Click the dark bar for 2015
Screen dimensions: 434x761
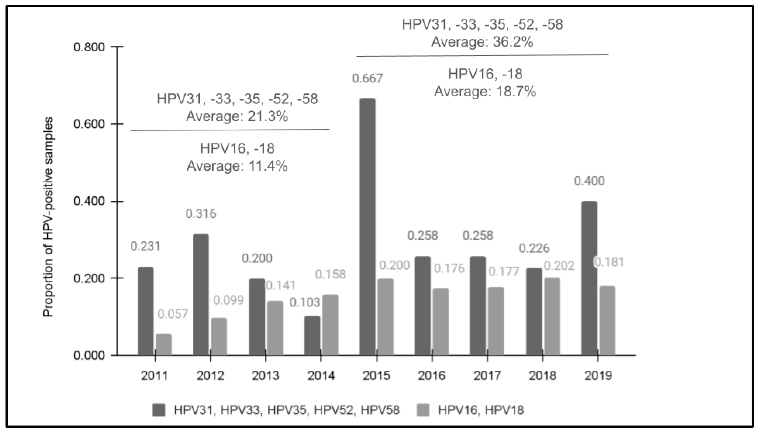click(x=367, y=227)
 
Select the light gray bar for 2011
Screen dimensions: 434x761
click(x=163, y=344)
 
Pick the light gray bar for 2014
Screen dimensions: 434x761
click(x=330, y=325)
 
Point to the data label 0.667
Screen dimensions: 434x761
click(x=367, y=79)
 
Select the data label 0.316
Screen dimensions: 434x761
click(x=201, y=214)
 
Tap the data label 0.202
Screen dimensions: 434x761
click(x=559, y=266)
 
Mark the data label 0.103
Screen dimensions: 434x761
click(x=305, y=303)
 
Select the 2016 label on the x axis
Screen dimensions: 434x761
click(x=432, y=376)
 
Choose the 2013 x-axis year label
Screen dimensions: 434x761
click(x=265, y=376)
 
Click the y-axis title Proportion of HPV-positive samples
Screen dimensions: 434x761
click(x=48, y=217)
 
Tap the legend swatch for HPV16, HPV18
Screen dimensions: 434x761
click(x=422, y=410)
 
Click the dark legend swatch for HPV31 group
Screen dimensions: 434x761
click(x=159, y=410)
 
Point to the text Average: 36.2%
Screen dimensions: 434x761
click(x=482, y=42)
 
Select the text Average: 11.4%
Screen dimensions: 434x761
click(x=237, y=166)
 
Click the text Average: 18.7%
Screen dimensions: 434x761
click(x=485, y=91)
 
